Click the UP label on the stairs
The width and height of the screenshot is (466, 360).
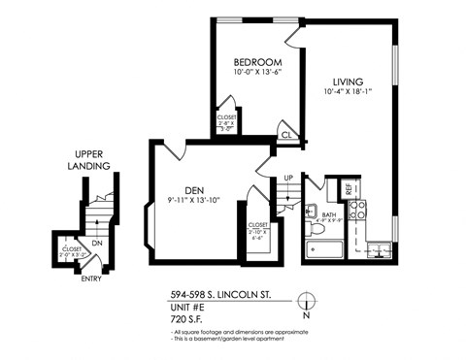(287, 178)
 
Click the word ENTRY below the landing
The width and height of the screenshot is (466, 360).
(91, 280)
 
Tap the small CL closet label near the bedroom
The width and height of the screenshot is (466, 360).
(287, 134)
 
